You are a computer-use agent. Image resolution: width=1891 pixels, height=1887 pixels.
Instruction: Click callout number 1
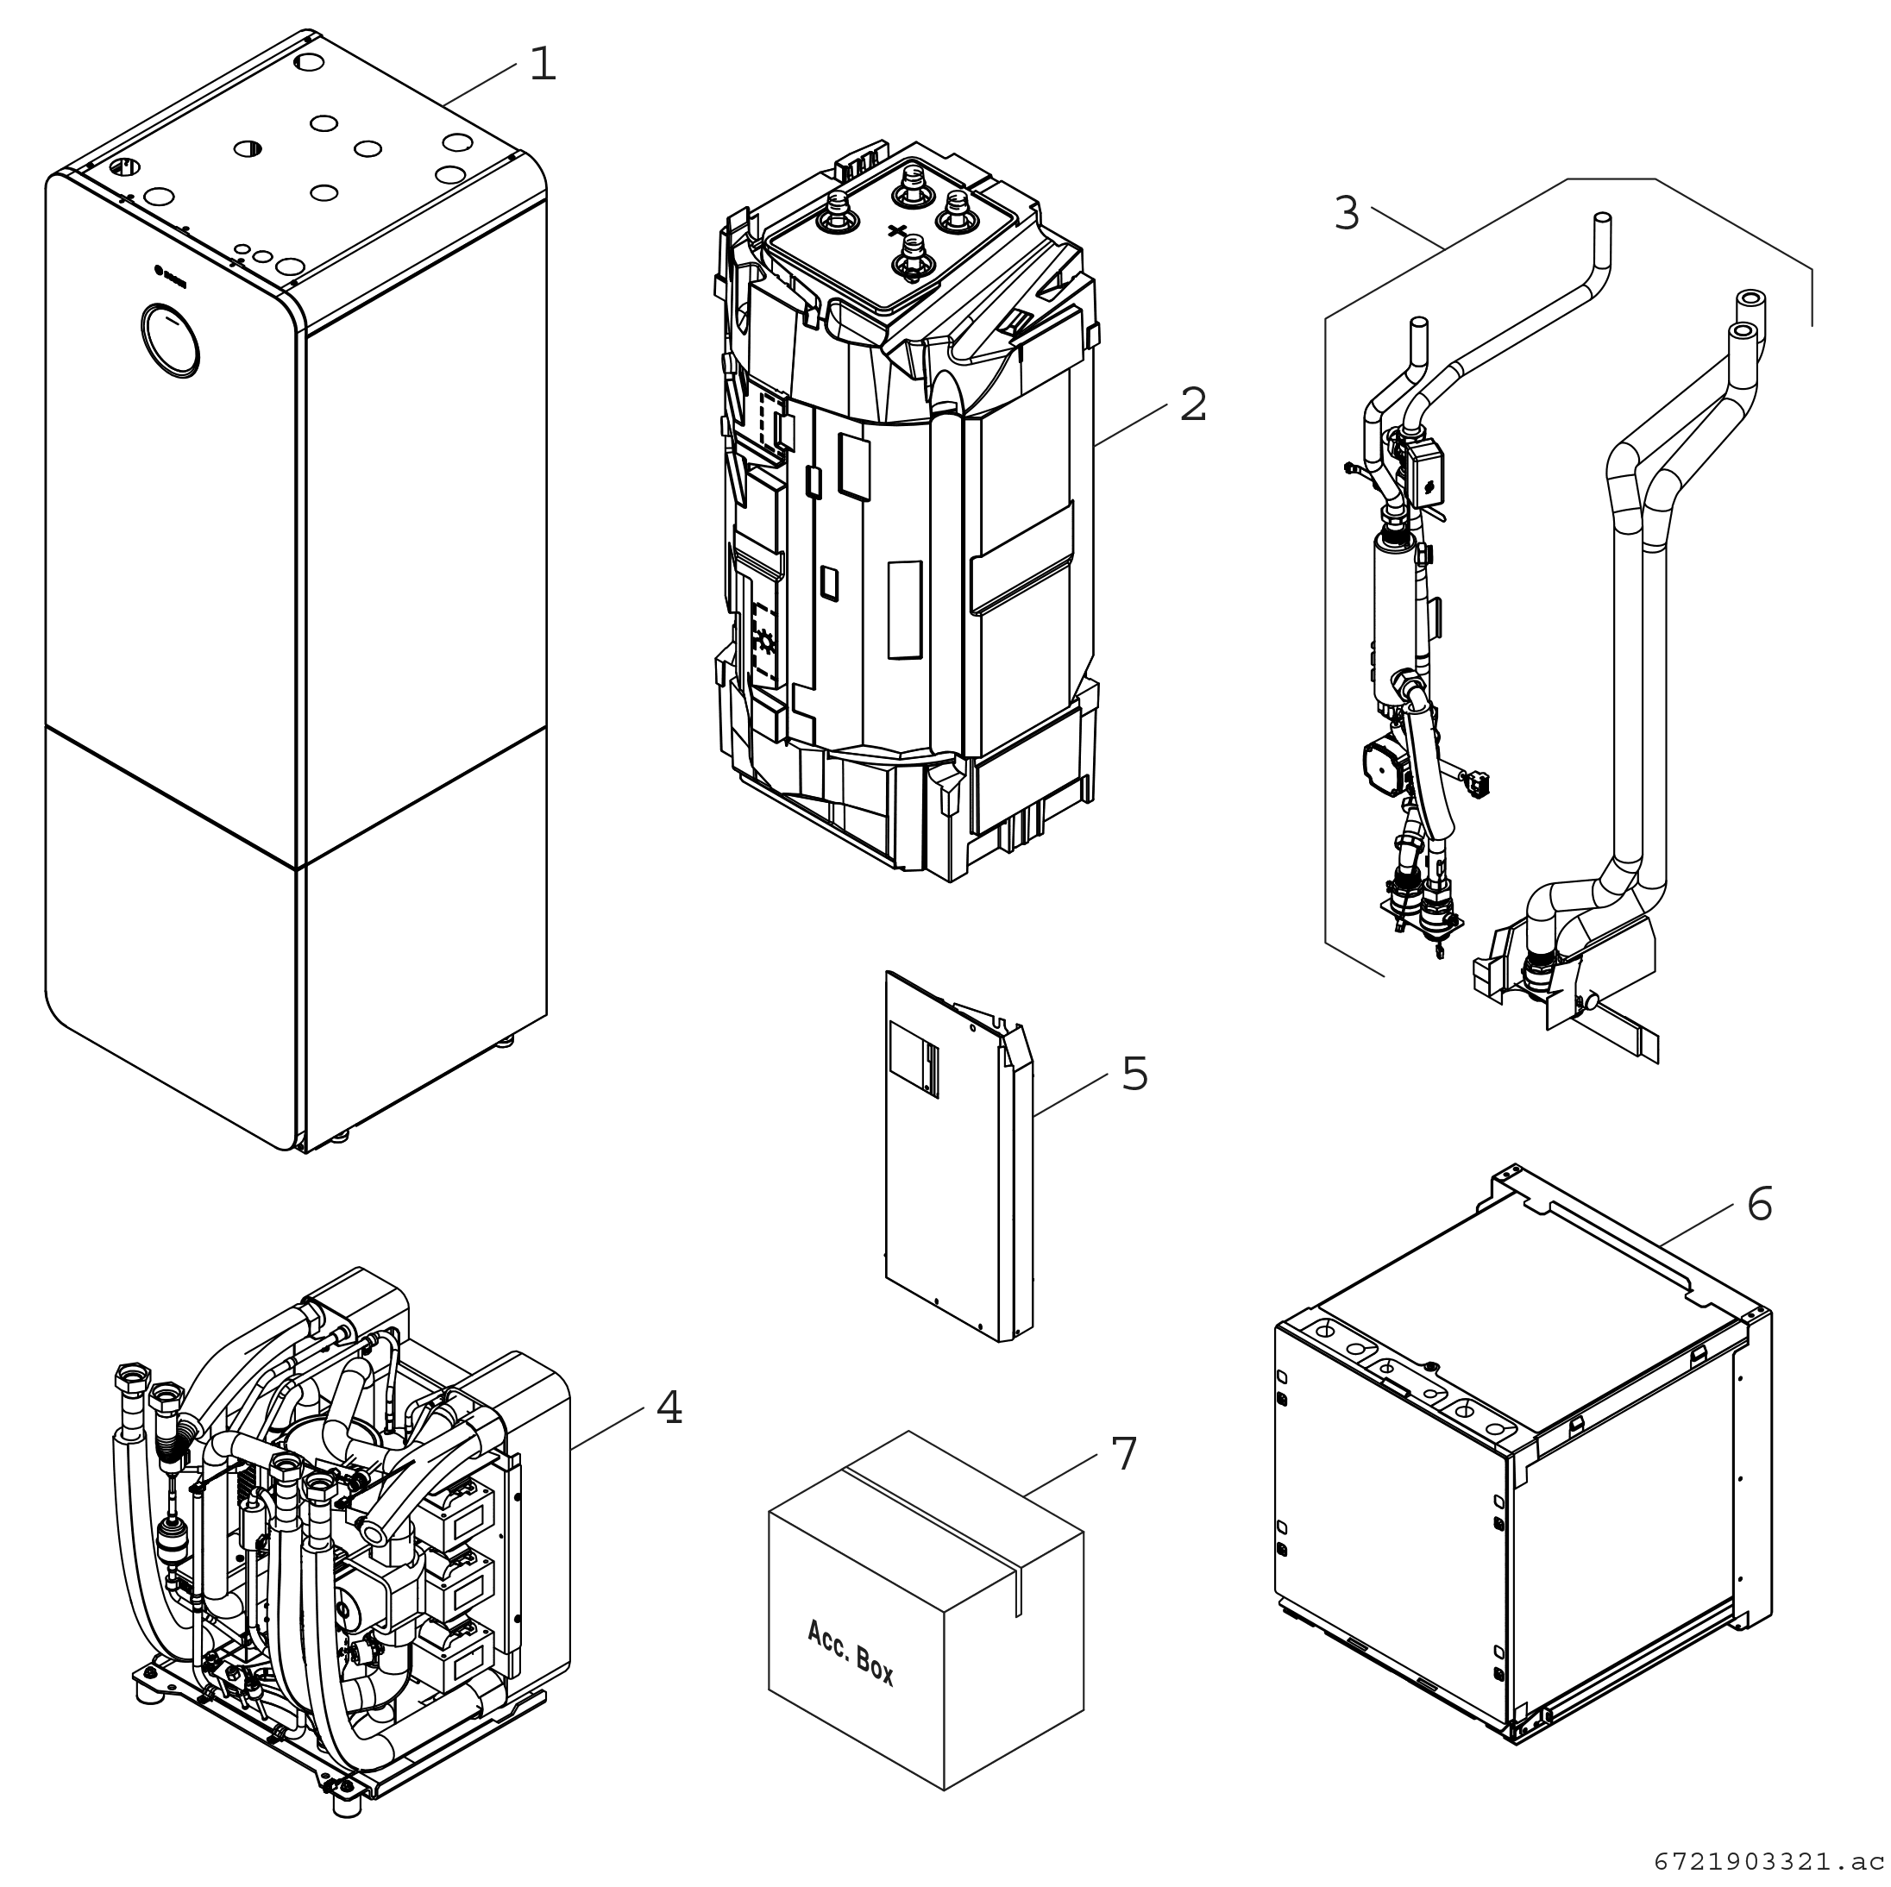coord(543,65)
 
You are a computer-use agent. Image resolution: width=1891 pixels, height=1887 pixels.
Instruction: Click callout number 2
coord(1192,405)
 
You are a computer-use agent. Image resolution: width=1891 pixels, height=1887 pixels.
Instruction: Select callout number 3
coord(1347,213)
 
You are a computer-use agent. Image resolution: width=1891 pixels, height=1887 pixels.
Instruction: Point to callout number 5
coord(1134,1074)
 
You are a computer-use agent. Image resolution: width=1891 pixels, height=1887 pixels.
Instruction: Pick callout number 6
coord(1759,1204)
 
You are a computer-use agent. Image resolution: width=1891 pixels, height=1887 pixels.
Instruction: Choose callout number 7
coord(1123,1454)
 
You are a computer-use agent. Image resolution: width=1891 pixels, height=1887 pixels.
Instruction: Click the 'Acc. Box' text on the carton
coord(850,1652)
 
